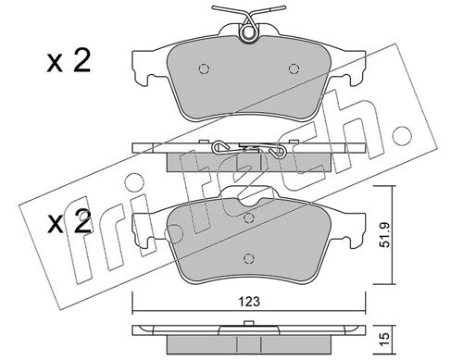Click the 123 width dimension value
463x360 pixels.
pyautogui.click(x=250, y=301)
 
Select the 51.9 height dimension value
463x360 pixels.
pyautogui.click(x=385, y=235)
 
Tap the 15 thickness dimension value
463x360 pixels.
pyautogui.click(x=385, y=339)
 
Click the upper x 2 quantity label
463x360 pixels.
pyautogui.click(x=69, y=62)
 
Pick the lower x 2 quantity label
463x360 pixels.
pyautogui.click(x=69, y=221)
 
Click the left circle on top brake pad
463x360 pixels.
pyautogui.click(x=204, y=68)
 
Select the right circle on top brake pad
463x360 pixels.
pyautogui.click(x=294, y=68)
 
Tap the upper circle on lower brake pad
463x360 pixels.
pyautogui.click(x=248, y=218)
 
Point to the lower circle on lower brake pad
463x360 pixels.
pyautogui.click(x=248, y=258)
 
